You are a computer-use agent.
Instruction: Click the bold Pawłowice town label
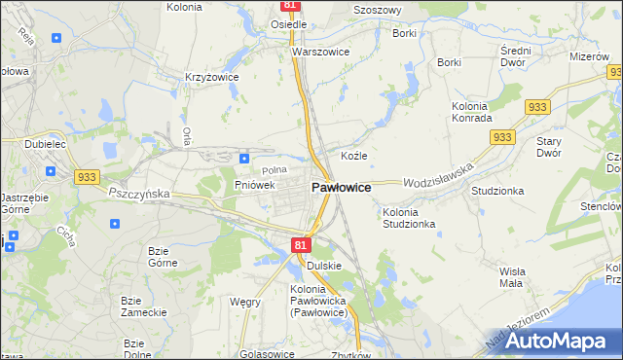pyautogui.click(x=340, y=187)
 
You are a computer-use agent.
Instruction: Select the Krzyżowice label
pyautogui.click(x=212, y=75)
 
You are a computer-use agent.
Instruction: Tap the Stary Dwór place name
pyautogui.click(x=549, y=147)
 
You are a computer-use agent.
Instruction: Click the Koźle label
pyautogui.click(x=353, y=156)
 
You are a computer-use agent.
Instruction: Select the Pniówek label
pyautogui.click(x=256, y=184)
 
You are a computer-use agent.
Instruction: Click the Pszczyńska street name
pyautogui.click(x=138, y=194)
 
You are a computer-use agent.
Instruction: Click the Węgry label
pyautogui.click(x=244, y=302)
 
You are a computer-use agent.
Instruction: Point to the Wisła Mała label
pyautogui.click(x=511, y=277)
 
